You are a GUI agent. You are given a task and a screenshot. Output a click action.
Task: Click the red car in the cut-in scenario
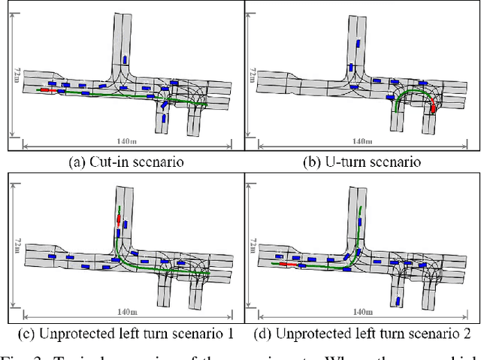(x=46, y=90)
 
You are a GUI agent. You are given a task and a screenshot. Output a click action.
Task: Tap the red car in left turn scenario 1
(x=117, y=219)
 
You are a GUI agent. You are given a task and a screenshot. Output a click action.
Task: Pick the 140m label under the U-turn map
(x=363, y=141)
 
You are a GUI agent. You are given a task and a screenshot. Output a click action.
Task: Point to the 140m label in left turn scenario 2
(x=363, y=312)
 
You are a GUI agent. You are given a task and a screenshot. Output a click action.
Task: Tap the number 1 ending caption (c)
(x=229, y=332)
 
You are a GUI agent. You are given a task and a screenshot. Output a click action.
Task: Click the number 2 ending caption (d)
(x=467, y=332)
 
